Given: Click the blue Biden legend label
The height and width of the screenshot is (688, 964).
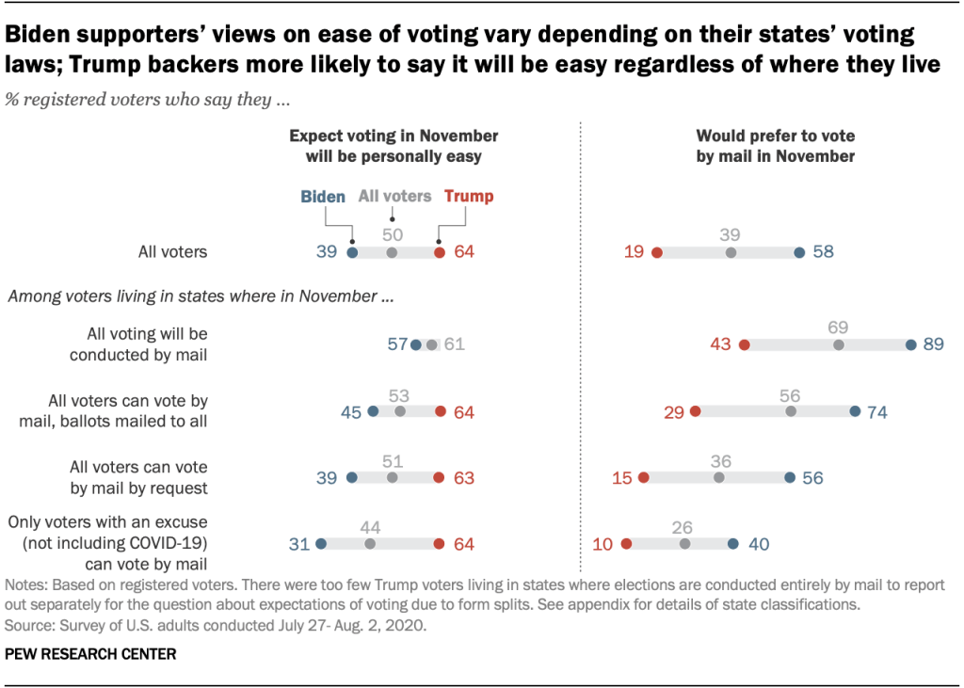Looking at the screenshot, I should (x=323, y=197).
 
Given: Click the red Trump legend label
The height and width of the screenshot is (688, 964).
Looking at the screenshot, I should (x=468, y=197).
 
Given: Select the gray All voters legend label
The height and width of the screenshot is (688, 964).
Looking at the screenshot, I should (x=394, y=197).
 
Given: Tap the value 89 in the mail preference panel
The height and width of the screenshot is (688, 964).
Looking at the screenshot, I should (x=934, y=345).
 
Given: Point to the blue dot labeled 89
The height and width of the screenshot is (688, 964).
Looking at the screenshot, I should (x=910, y=345).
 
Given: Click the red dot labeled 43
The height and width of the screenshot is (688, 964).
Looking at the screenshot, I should (x=744, y=345).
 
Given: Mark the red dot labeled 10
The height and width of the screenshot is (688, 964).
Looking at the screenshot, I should (x=626, y=543).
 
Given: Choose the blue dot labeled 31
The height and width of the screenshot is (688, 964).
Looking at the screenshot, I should (x=321, y=543).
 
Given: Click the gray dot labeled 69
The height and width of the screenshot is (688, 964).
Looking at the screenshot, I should (x=838, y=345).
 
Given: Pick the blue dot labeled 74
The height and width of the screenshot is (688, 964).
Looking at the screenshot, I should (x=855, y=411).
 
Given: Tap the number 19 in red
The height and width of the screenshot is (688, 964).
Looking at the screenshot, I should (x=634, y=252).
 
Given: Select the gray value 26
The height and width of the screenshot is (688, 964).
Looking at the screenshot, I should (x=685, y=524).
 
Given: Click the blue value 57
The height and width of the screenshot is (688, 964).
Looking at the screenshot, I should (x=397, y=345).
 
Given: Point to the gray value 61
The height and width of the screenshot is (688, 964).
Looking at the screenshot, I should (x=455, y=345).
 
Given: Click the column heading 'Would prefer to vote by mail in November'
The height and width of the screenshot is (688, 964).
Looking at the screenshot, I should (x=775, y=146).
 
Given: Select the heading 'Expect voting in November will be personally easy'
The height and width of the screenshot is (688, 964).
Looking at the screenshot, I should (x=393, y=146).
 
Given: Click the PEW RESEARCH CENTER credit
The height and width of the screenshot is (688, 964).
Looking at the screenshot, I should (x=90, y=653).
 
